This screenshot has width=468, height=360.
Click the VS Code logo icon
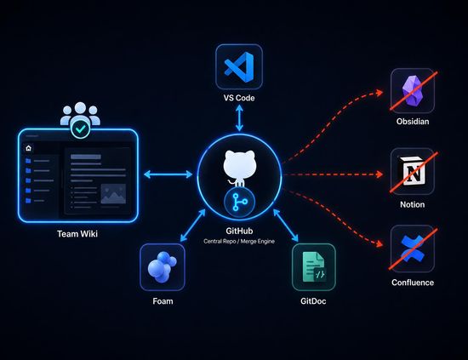pyautogui.click(x=239, y=67)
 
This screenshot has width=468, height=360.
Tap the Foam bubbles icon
pyautogui.click(x=162, y=267)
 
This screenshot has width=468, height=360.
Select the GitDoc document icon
pyautogui.click(x=314, y=266)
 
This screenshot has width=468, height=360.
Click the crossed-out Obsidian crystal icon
pyautogui.click(x=413, y=90)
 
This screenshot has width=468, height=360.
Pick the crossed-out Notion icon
pyautogui.click(x=412, y=171)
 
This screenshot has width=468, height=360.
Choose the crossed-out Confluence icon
pyautogui.click(x=413, y=249)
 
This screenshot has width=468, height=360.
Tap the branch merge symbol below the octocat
pyautogui.click(x=239, y=202)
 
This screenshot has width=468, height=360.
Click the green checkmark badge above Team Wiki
pyautogui.click(x=80, y=129)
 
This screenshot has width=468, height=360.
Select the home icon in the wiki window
pyautogui.click(x=28, y=148)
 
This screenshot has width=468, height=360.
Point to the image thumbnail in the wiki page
pyautogui.click(x=113, y=194)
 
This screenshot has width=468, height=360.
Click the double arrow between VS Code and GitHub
pyautogui.click(x=239, y=117)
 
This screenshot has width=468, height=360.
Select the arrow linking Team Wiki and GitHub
pyautogui.click(x=168, y=174)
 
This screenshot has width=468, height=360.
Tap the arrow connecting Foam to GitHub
pyautogui.click(x=193, y=225)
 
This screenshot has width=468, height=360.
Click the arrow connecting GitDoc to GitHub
pyautogui.click(x=286, y=225)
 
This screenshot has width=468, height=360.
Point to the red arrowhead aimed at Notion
pyautogui.click(x=380, y=174)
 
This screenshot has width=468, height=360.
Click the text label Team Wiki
pyautogui.click(x=77, y=234)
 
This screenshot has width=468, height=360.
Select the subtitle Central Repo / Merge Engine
pyautogui.click(x=239, y=241)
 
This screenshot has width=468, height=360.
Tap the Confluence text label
pyautogui.click(x=413, y=283)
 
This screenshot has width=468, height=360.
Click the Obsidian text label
pyautogui.click(x=413, y=122)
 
